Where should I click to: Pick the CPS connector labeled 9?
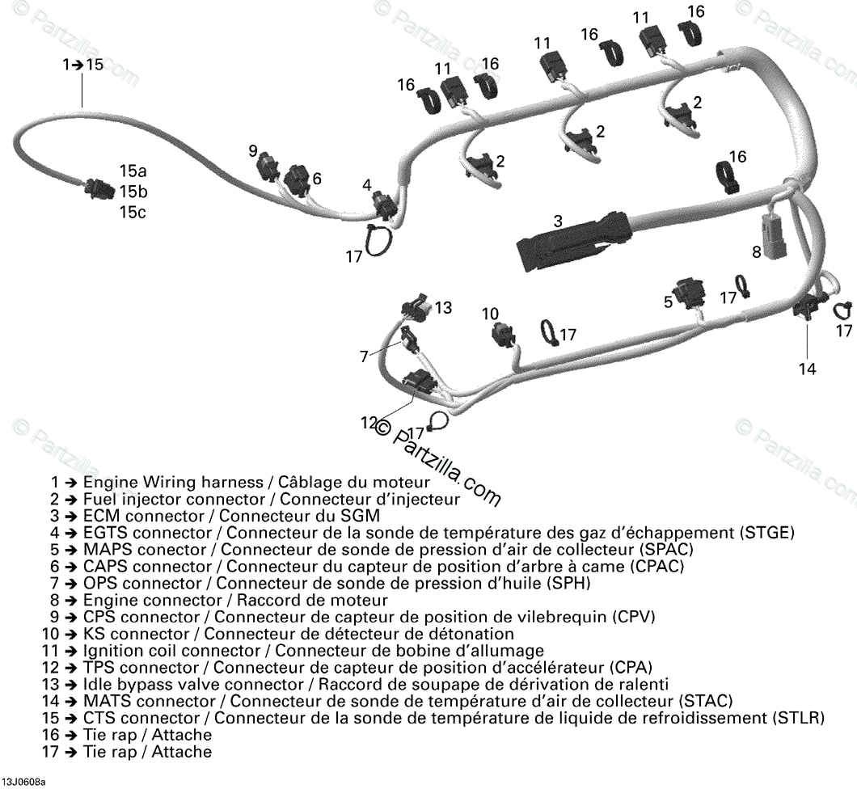point(266,167)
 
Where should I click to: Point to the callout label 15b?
point(133,192)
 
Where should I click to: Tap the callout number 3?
point(558,220)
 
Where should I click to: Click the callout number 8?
point(757,251)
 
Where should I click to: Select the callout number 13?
point(443,308)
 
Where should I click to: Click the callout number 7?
point(365,356)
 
